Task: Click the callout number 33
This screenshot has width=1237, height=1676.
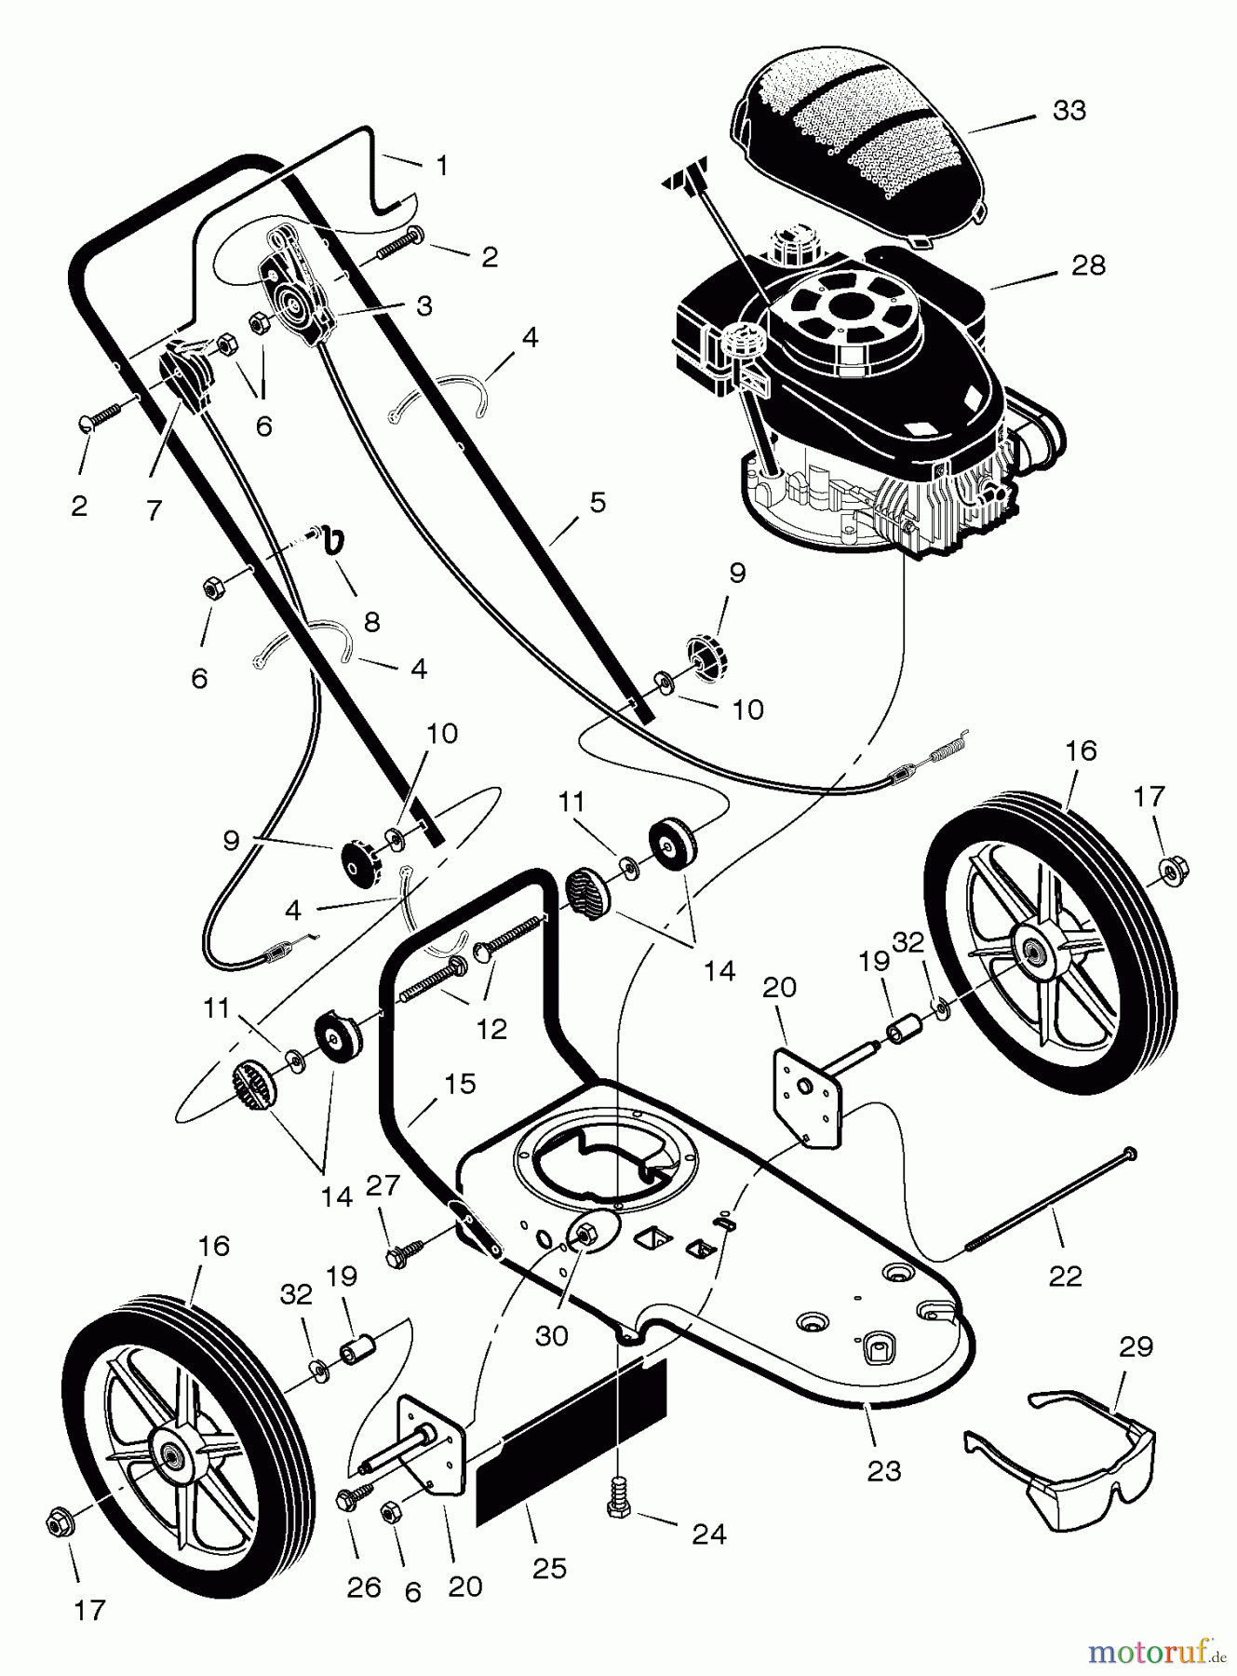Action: click(x=1069, y=110)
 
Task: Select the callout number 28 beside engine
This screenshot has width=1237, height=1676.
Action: click(x=1088, y=265)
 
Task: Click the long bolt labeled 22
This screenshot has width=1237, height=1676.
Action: click(x=1052, y=1200)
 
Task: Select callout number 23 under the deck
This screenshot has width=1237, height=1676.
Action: click(x=883, y=1471)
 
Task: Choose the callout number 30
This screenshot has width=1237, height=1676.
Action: click(x=551, y=1336)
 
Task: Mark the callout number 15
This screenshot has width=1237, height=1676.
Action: click(x=460, y=1084)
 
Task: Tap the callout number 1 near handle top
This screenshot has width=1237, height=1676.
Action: click(x=442, y=166)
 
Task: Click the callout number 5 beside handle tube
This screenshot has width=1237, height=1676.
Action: click(x=597, y=503)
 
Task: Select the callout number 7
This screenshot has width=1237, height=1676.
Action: click(x=154, y=509)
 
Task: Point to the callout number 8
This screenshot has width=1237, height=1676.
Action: click(x=371, y=621)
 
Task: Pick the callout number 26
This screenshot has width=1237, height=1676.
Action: click(x=364, y=1588)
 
